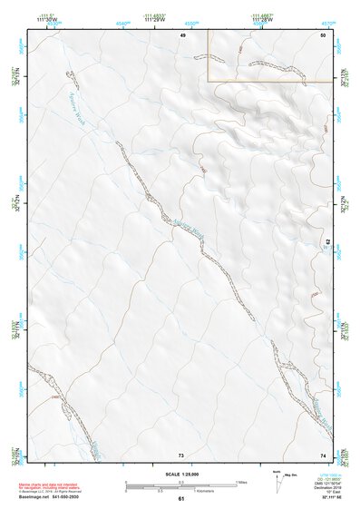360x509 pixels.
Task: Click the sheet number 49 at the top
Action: (x=182, y=34)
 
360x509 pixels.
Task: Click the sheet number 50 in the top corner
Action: (x=323, y=34)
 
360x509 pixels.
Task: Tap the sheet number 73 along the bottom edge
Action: (x=180, y=455)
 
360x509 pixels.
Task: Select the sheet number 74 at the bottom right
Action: (x=323, y=455)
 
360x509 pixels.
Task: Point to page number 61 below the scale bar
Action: (x=181, y=498)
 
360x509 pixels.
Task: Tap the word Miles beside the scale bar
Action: (x=241, y=481)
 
